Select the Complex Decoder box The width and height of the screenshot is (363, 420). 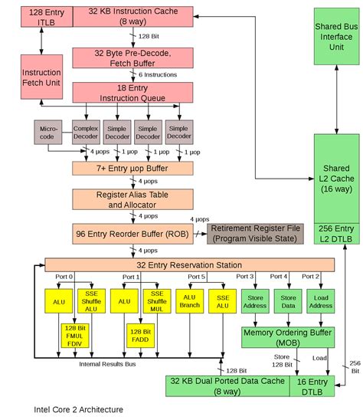86,133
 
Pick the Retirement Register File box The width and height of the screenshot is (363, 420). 256,233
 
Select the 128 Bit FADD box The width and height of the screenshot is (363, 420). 141,336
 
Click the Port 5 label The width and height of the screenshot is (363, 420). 197,276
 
